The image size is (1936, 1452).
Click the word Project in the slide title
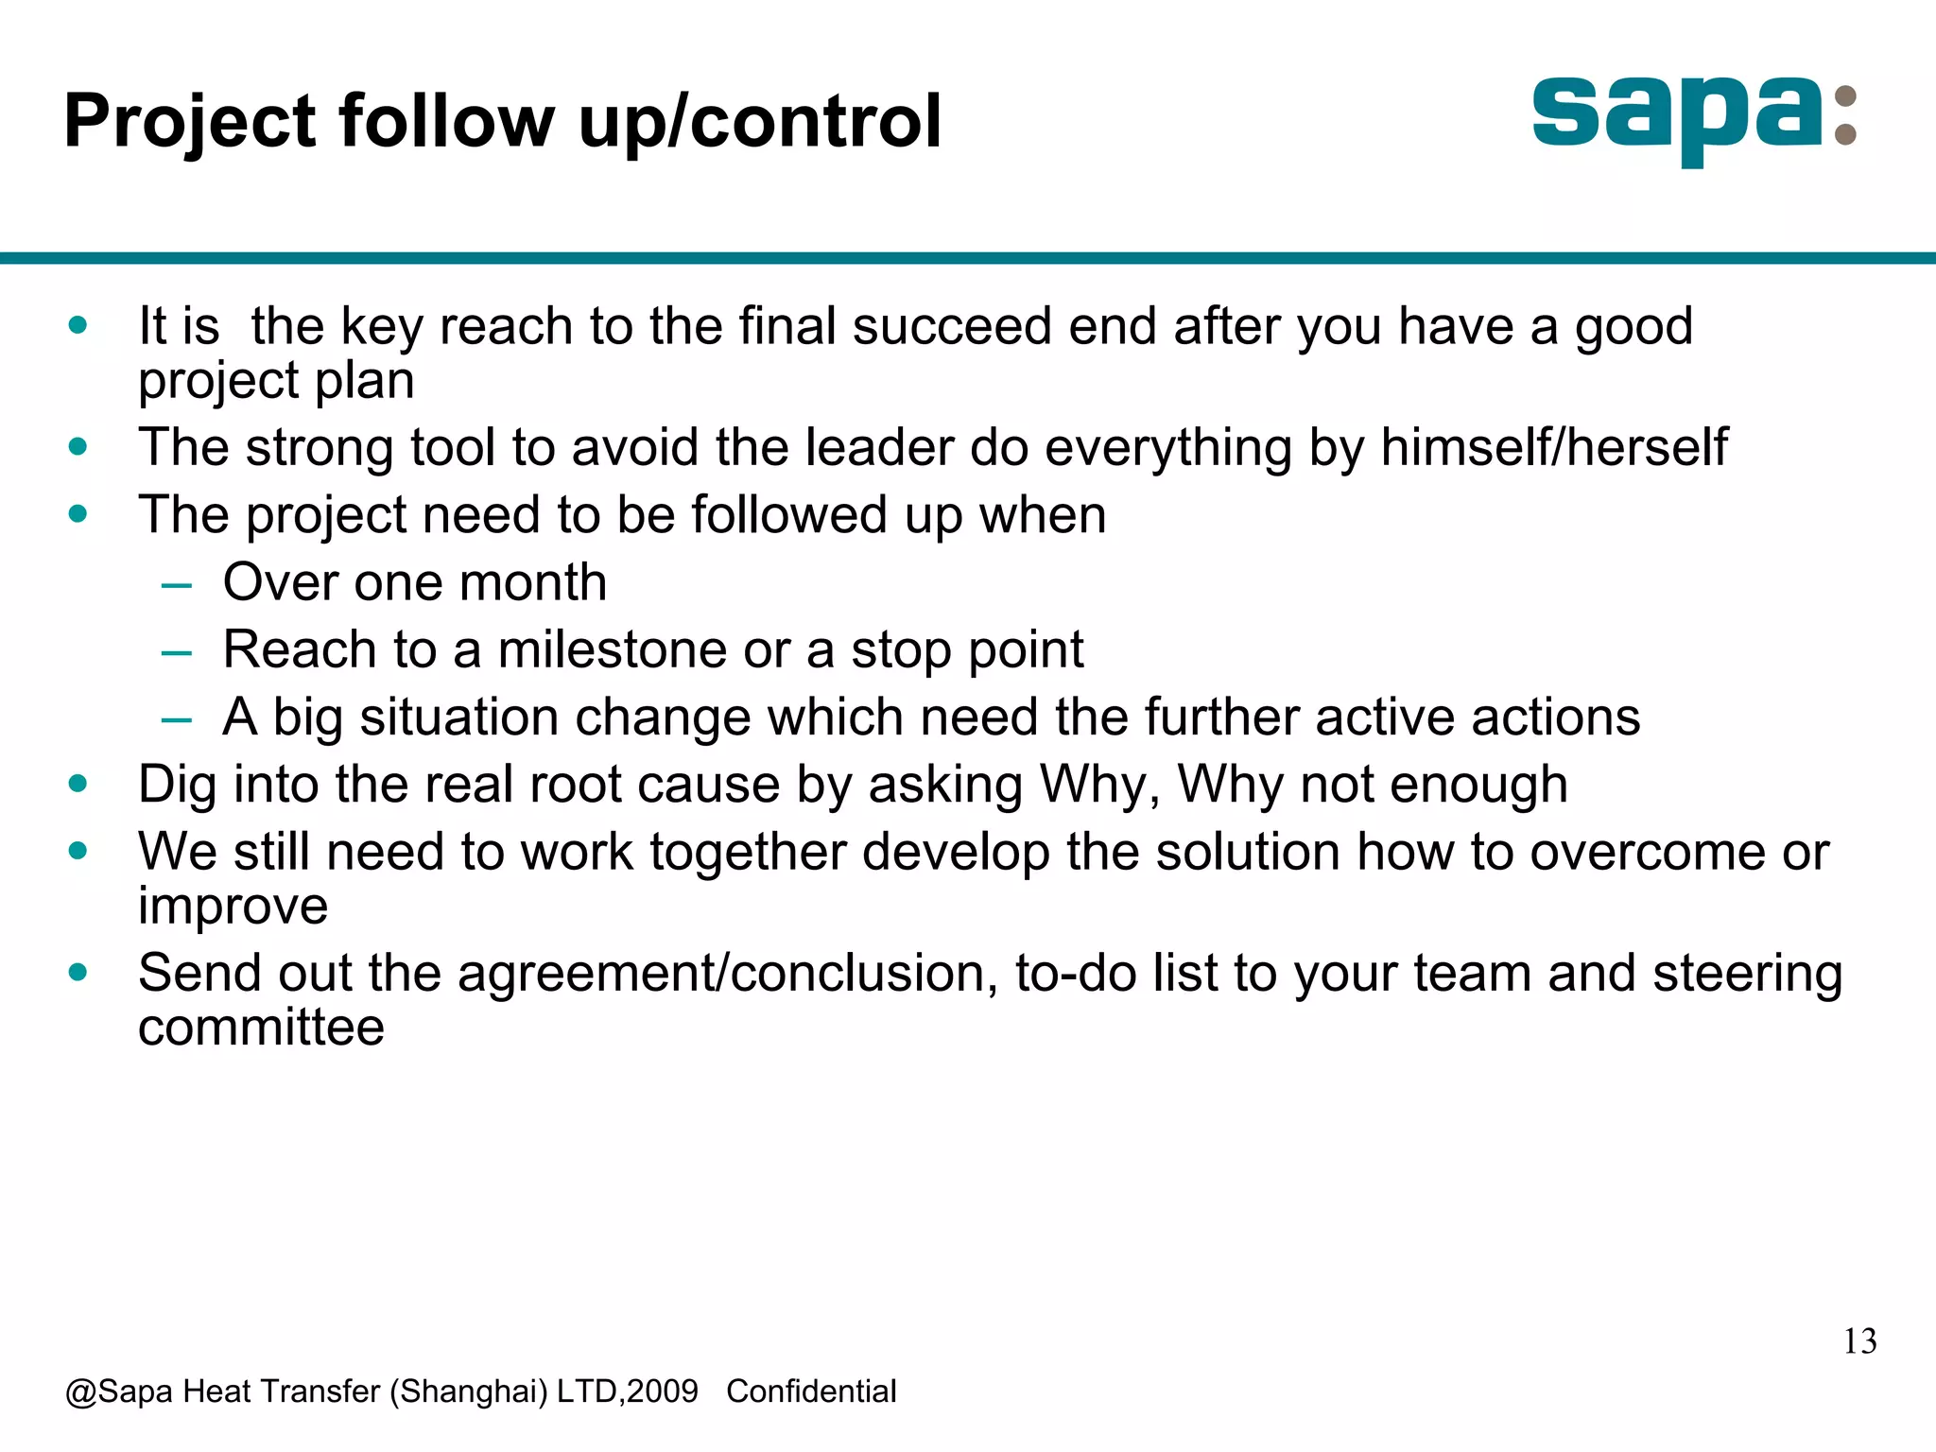(x=189, y=123)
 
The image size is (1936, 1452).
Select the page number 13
(x=1859, y=1341)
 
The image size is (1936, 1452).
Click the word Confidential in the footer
(x=811, y=1391)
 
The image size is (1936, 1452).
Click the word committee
(x=261, y=1028)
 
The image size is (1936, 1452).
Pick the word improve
(x=233, y=907)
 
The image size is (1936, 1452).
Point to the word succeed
(x=951, y=326)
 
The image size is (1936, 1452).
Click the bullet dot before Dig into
(x=78, y=784)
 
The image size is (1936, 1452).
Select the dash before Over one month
(x=176, y=585)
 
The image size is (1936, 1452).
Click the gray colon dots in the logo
(x=1844, y=117)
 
